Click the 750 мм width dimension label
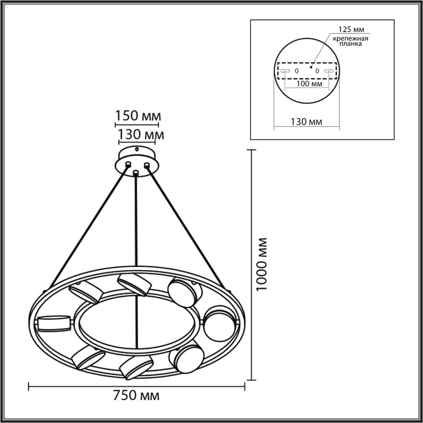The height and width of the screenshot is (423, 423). pos(136,396)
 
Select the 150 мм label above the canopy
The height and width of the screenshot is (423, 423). pos(138,116)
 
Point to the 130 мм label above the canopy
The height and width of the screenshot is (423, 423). pos(141,135)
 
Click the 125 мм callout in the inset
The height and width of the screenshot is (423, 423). pos(351,29)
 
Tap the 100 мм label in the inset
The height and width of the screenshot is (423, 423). pos(309,84)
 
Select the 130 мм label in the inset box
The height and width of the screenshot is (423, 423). pos(306,122)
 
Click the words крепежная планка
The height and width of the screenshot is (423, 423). pos(350,41)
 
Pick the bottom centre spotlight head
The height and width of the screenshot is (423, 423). pos(135,366)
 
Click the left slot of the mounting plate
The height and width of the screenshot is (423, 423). pos(285,71)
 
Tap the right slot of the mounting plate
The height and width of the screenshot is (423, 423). pos(328,71)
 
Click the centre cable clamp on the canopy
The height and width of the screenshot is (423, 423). pos(135,173)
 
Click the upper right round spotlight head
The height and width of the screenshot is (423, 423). pos(184,292)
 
